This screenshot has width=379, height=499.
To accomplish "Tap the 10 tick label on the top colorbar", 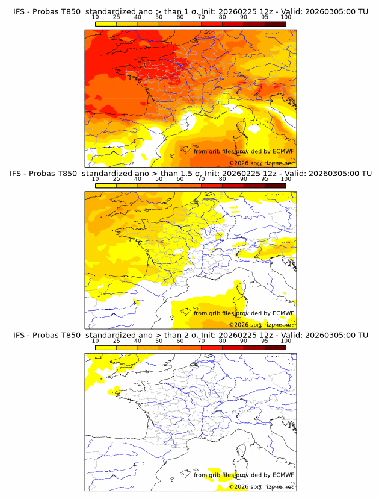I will click(96, 17).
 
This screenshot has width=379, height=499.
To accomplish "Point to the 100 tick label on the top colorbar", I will click(286, 17).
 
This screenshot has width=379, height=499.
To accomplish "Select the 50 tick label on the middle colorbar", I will click(159, 179).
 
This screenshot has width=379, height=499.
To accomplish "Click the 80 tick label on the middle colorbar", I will click(223, 179).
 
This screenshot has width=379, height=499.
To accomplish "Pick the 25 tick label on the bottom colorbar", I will click(117, 341).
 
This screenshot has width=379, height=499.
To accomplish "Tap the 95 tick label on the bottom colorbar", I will click(265, 341).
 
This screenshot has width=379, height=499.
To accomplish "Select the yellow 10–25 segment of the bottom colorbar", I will click(106, 347).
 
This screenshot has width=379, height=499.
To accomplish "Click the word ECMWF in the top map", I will click(283, 151).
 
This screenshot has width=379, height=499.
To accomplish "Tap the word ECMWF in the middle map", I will click(283, 313).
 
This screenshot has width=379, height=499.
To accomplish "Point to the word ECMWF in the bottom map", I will click(283, 475).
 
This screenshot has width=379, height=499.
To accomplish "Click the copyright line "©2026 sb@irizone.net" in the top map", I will click(261, 163).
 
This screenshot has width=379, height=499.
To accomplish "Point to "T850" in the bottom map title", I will click(69, 335).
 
